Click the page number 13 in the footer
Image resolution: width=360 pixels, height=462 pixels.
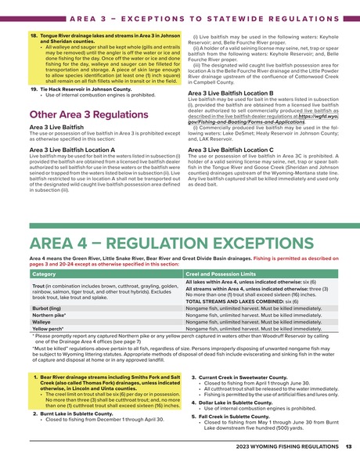tap(347, 446)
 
